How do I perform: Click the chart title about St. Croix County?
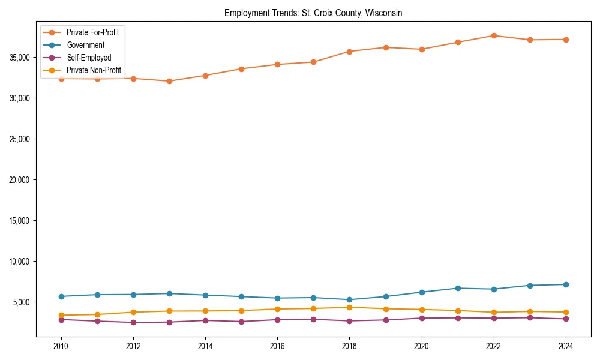[313, 13]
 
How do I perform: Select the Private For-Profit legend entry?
[92, 32]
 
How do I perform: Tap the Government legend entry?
[85, 45]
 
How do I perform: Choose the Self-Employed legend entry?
[88, 58]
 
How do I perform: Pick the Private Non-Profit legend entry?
[94, 70]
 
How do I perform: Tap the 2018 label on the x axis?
[349, 346]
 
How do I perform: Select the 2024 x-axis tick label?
[565, 346]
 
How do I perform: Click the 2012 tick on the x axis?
[133, 346]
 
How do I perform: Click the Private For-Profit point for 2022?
[493, 35]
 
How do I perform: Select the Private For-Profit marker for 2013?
[169, 81]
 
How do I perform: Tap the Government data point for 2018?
[349, 299]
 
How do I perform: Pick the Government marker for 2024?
[565, 284]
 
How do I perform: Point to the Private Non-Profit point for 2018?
[349, 307]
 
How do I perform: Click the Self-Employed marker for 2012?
[133, 322]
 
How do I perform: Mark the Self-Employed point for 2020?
[421, 318]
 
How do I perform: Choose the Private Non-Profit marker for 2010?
[61, 315]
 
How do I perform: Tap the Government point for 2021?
[457, 288]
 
